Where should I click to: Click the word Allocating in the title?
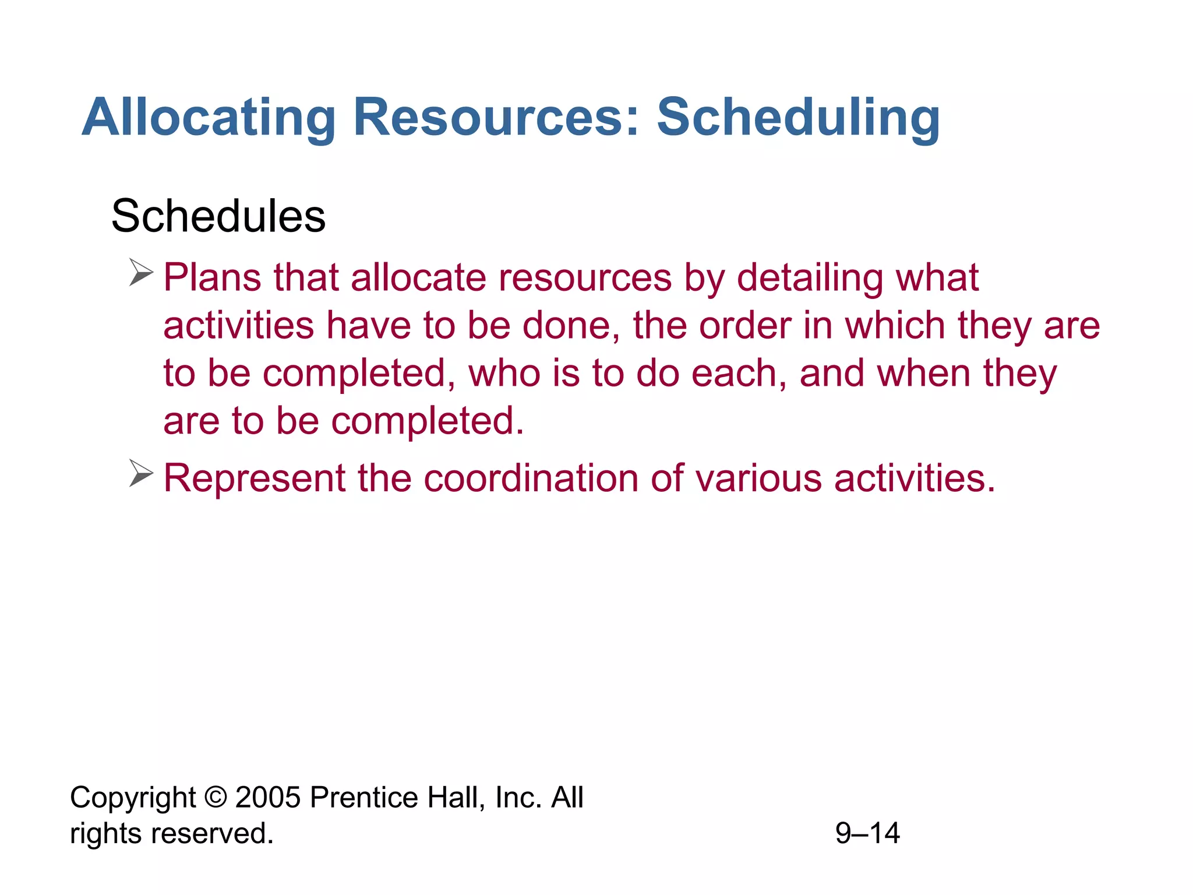point(209,118)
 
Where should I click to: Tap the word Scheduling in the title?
point(798,118)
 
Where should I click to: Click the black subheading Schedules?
point(218,216)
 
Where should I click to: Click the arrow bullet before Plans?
point(141,273)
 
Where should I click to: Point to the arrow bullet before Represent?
point(141,473)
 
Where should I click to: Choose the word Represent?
point(255,478)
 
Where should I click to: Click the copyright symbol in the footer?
point(216,797)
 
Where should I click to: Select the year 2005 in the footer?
point(268,797)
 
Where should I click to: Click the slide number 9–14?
point(867,833)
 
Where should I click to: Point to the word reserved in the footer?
point(212,833)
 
